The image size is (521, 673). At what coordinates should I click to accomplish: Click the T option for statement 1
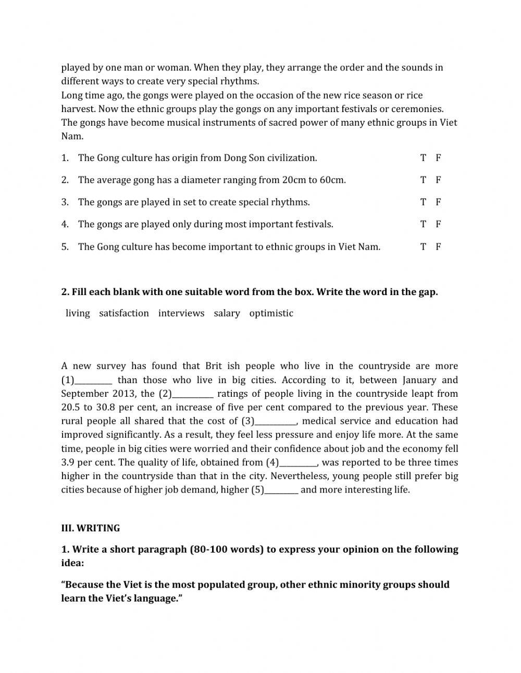tap(423, 158)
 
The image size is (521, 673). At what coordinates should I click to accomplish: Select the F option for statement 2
tap(438, 180)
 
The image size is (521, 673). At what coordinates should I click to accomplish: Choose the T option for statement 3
tap(423, 202)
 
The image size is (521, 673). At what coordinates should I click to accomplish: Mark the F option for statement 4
tap(438, 224)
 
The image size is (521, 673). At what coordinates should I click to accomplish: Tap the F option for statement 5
tap(438, 247)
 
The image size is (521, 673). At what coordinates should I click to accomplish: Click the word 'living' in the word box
tap(78, 313)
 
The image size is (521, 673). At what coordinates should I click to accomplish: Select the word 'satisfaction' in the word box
tap(124, 313)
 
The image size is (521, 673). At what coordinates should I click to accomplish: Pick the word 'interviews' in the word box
tap(181, 313)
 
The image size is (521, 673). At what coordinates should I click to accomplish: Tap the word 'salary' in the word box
tap(227, 313)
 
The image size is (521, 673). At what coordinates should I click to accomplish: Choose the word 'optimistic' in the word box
tap(271, 313)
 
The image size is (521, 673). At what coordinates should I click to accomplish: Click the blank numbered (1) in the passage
tap(94, 381)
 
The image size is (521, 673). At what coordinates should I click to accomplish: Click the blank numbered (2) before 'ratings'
tap(192, 394)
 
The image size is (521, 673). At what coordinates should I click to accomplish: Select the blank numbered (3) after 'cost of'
tap(276, 421)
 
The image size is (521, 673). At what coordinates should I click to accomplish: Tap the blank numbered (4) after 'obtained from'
tap(299, 462)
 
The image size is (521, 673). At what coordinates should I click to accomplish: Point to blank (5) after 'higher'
tap(281, 490)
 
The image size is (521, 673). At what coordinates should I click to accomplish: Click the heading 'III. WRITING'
tap(91, 528)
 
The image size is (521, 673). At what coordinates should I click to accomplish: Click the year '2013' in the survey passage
tap(124, 394)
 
